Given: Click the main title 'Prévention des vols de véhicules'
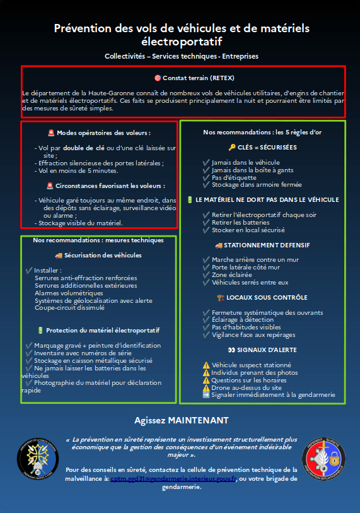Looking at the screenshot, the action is pyautogui.click(x=182, y=28).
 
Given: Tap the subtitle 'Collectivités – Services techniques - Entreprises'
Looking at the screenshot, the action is pyautogui.click(x=182, y=56).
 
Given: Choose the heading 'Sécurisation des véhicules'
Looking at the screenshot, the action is pyautogui.click(x=102, y=256).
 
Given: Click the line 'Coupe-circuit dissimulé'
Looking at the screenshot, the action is pyautogui.click(x=69, y=308).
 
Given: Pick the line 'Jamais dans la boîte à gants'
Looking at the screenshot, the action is pyautogui.click(x=243, y=170).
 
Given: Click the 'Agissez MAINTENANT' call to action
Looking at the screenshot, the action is pyautogui.click(x=182, y=420).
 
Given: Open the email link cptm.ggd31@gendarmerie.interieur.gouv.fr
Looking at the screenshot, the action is pyautogui.click(x=173, y=479).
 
